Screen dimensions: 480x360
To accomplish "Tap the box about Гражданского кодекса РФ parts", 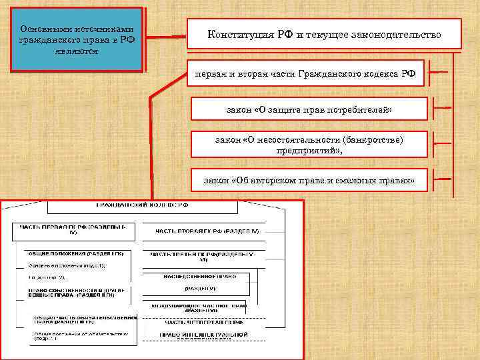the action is click(x=305, y=73).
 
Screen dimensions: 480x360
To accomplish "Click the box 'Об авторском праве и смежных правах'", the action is click(x=309, y=180).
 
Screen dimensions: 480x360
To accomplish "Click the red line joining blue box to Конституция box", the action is click(x=167, y=36).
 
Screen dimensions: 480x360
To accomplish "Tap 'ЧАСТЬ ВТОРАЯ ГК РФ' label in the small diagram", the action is click(x=207, y=231).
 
